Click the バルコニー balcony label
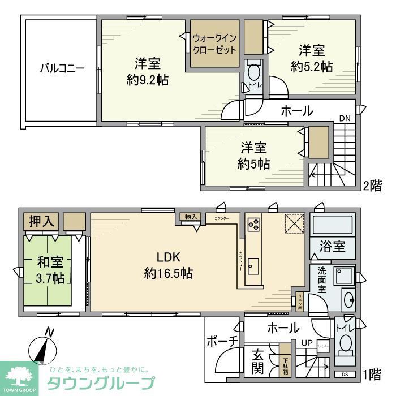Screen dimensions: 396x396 coord(62,69)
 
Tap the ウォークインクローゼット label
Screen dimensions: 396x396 coord(214,44)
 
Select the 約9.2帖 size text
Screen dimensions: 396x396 coord(147,80)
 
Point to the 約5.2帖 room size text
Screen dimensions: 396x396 coord(312,66)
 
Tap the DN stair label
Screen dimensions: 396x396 coord(345,118)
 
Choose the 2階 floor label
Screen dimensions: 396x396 coord(373,186)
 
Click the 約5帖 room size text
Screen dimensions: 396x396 coord(253,165)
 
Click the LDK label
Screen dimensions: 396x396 coord(168,255)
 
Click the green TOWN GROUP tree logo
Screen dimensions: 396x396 coord(19,374)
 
